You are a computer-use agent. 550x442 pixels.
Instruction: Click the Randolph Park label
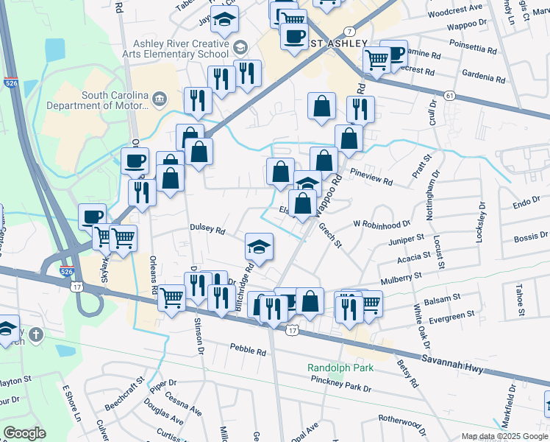(x=340, y=368)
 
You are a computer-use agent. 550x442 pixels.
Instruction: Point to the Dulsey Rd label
(x=207, y=229)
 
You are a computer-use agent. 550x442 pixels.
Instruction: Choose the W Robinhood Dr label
(x=381, y=223)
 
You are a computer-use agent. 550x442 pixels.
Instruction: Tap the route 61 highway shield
(x=449, y=96)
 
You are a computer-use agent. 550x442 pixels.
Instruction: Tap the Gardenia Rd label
(x=484, y=75)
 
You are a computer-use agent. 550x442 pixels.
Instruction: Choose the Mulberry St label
(x=402, y=277)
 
